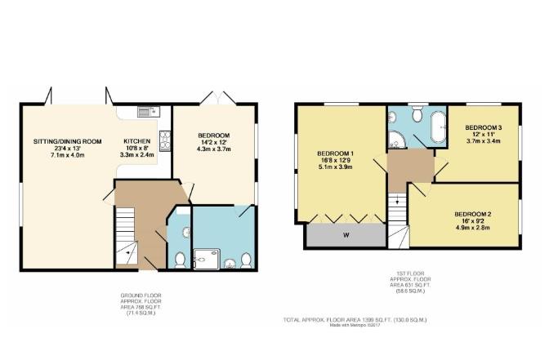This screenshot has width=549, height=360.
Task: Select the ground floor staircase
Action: (x=125, y=233)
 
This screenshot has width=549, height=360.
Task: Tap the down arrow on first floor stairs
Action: (x=397, y=200)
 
